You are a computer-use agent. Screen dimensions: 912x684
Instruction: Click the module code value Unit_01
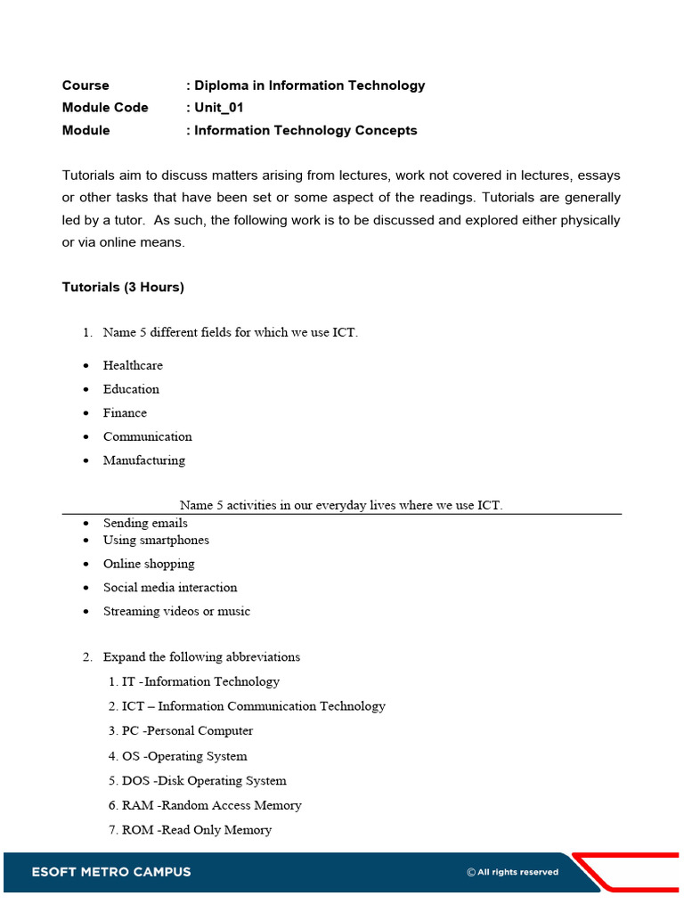click(218, 108)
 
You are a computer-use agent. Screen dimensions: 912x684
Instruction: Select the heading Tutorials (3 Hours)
click(123, 287)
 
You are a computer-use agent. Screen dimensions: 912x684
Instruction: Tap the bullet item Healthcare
click(133, 365)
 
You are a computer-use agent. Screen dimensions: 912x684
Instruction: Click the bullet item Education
click(131, 389)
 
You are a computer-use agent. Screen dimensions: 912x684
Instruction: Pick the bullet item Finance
click(125, 413)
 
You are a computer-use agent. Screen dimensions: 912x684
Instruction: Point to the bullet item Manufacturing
click(144, 460)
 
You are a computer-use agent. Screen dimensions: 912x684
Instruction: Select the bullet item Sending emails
click(145, 523)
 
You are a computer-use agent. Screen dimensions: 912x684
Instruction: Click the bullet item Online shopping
click(149, 564)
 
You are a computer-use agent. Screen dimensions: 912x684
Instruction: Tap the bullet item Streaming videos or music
click(176, 611)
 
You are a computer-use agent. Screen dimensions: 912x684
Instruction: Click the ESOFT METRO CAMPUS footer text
click(111, 872)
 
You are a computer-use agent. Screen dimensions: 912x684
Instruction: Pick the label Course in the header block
click(85, 85)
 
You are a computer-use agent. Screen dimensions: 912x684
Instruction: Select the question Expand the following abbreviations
click(201, 657)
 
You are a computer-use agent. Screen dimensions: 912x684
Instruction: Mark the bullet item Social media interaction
click(170, 588)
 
